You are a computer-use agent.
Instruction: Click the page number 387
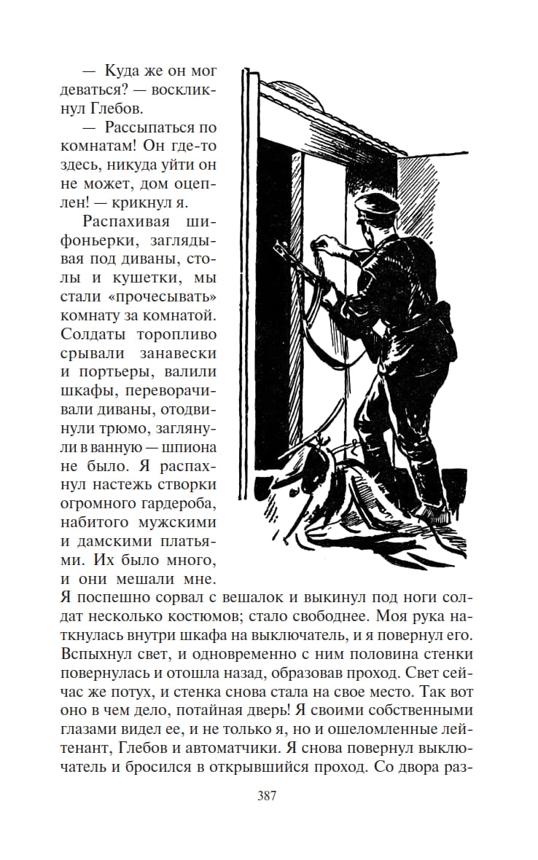pos(266,795)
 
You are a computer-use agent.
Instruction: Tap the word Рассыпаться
pos(150,127)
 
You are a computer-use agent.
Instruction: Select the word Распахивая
pos(124,221)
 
